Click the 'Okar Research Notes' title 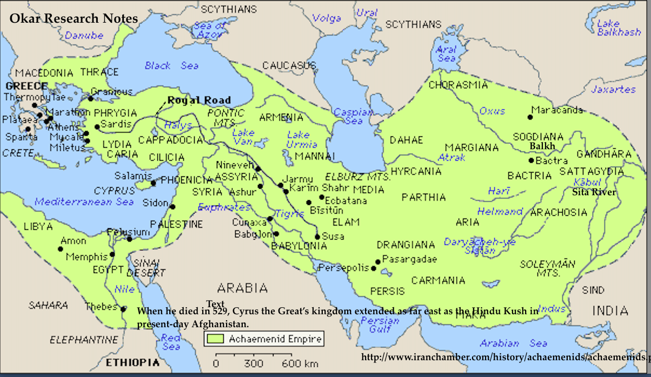pyautogui.click(x=74, y=19)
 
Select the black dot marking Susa pyautogui.click(x=317, y=236)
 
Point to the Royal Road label pyautogui.click(x=199, y=100)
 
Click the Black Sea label pyautogui.click(x=171, y=65)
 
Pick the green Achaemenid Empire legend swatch pyautogui.click(x=216, y=339)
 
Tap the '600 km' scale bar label pyautogui.click(x=300, y=363)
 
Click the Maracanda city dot pyautogui.click(x=530, y=116)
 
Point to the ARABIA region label pyautogui.click(x=242, y=287)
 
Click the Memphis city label pyautogui.click(x=87, y=257)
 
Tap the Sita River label pyautogui.click(x=594, y=192)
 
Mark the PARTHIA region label pyautogui.click(x=423, y=197)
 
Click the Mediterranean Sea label pyautogui.click(x=84, y=202)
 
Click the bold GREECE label pyautogui.click(x=26, y=86)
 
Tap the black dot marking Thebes pyautogui.click(x=124, y=309)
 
